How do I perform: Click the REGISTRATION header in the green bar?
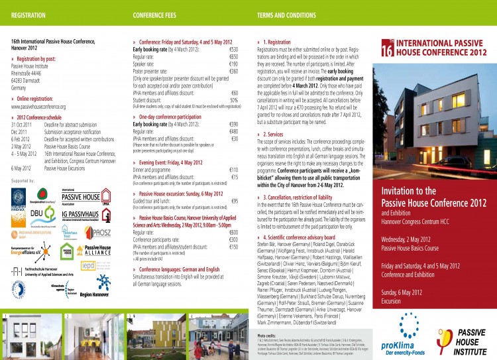tap(24, 13)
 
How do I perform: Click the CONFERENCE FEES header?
tap(154, 13)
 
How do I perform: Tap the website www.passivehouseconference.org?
tap(38, 106)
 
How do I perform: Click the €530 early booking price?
tap(233, 49)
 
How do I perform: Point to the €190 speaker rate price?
tap(233, 64)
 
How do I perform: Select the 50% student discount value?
tap(233, 100)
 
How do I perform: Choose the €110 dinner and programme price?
tap(233, 170)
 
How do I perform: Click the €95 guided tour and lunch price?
tap(234, 201)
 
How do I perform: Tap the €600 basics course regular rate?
tap(233, 233)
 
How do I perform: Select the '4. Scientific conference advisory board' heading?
tap(307, 237)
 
